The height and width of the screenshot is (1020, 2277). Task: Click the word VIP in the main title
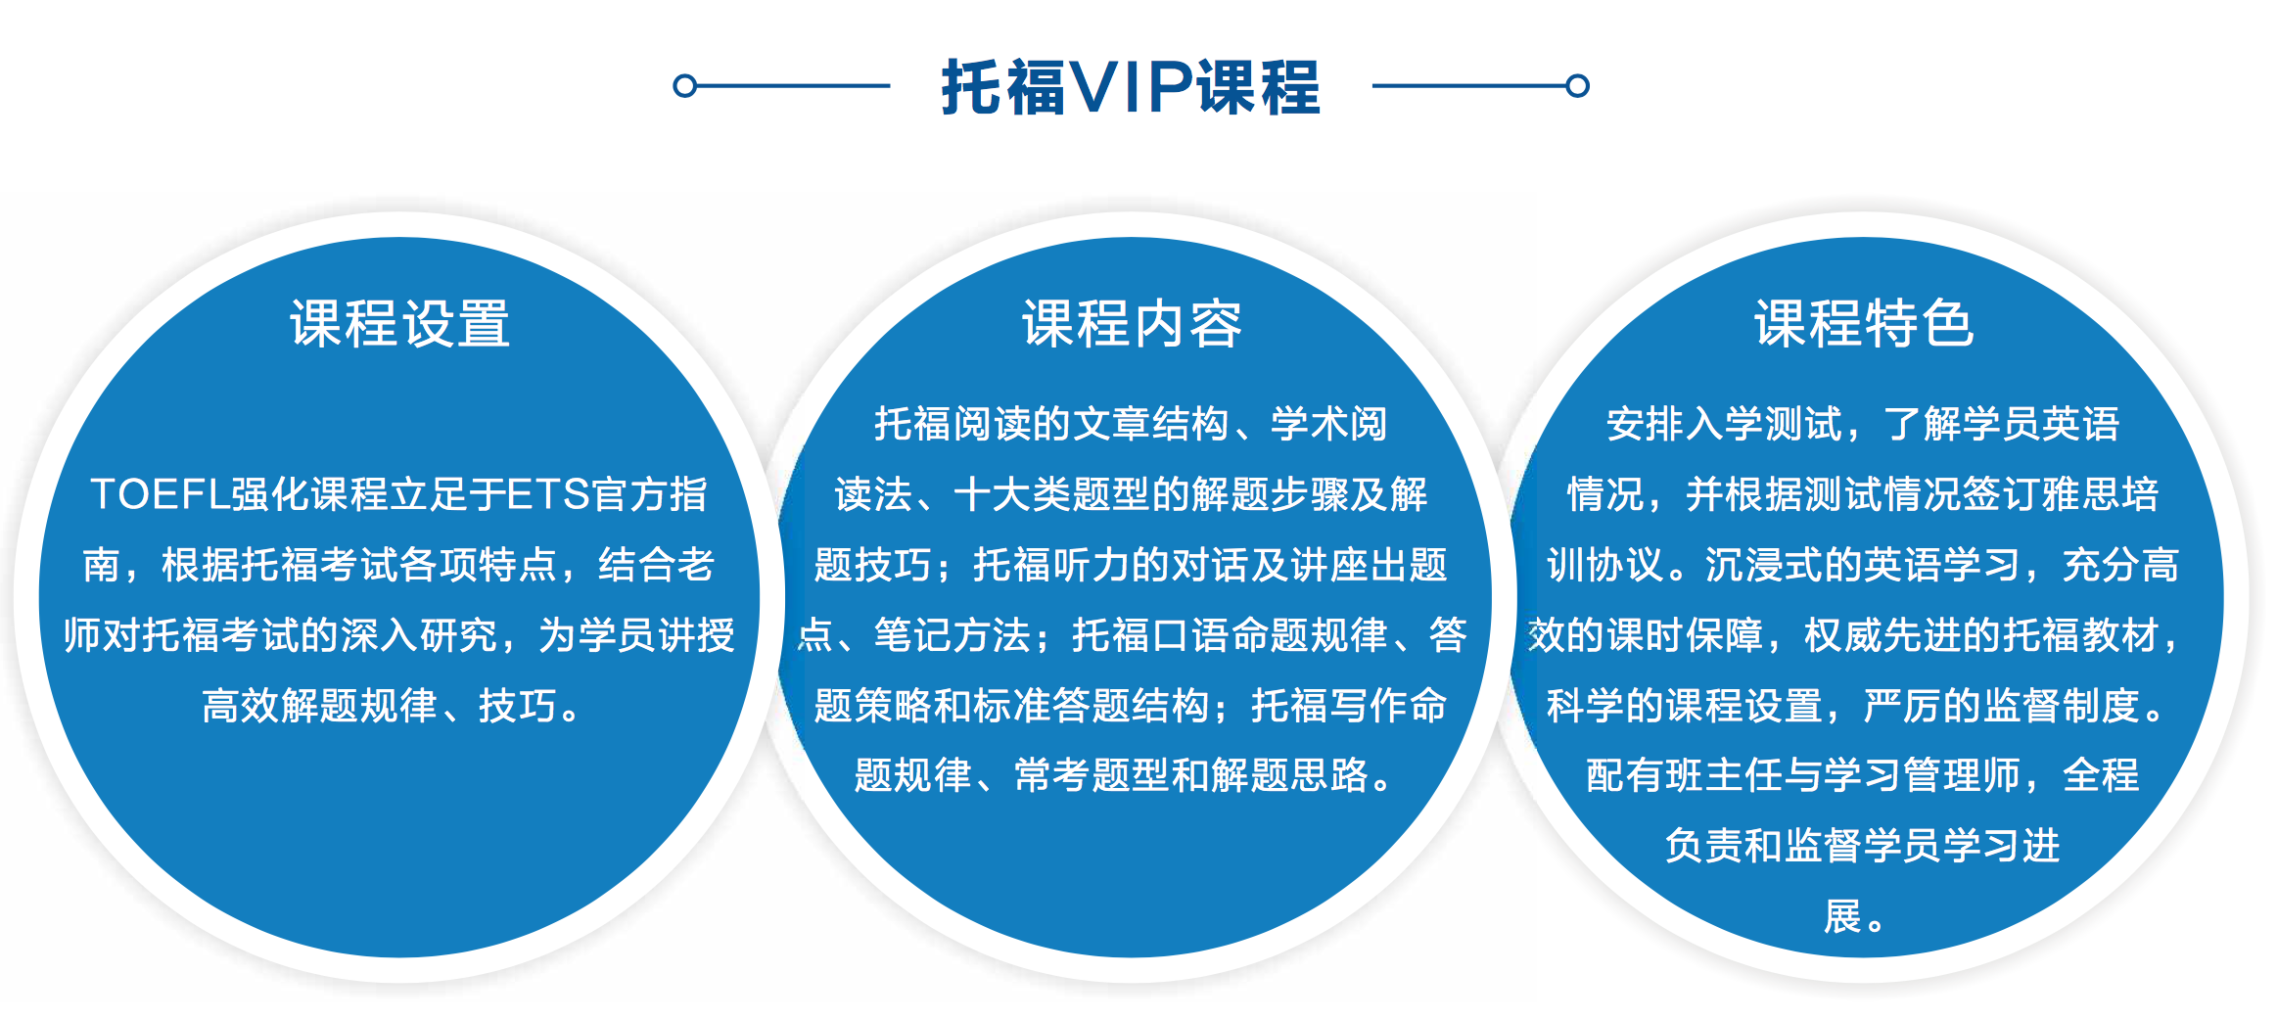click(x=1131, y=87)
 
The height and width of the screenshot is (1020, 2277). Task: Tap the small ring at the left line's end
click(x=685, y=86)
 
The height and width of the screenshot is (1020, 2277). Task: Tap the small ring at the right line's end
click(x=1577, y=86)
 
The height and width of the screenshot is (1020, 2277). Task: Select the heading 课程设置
click(x=399, y=324)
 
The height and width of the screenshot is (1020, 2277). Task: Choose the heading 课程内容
click(x=1132, y=324)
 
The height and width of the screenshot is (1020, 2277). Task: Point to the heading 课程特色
click(x=1864, y=324)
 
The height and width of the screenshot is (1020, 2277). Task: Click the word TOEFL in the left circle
click(x=160, y=494)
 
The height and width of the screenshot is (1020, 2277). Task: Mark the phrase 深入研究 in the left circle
click(x=419, y=635)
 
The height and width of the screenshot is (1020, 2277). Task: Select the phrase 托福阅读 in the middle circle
click(x=953, y=424)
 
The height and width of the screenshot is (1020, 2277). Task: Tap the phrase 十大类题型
click(x=1051, y=494)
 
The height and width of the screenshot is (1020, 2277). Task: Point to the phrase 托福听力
click(x=1051, y=565)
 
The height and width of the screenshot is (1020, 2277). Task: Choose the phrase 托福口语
click(x=1151, y=635)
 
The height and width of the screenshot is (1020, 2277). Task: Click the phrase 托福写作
click(x=1329, y=706)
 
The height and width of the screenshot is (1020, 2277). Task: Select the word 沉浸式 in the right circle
click(x=1764, y=565)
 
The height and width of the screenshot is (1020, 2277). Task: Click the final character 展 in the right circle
click(x=1842, y=917)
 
